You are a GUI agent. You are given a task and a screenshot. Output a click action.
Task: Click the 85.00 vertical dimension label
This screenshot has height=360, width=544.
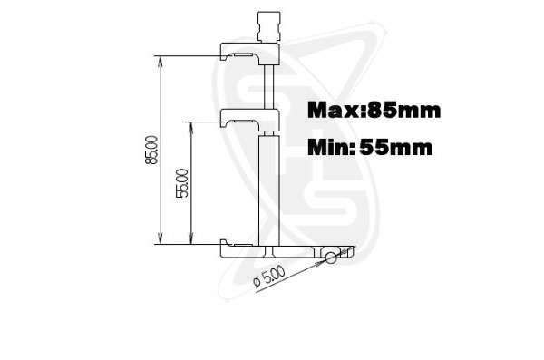pos(151,150)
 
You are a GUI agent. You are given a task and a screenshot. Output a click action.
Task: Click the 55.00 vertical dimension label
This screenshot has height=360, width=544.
pos(182,183)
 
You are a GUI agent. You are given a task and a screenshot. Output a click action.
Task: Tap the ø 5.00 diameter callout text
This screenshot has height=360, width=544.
pos(269,277)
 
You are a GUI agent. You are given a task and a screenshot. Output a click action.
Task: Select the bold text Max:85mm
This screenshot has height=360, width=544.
pos(374,111)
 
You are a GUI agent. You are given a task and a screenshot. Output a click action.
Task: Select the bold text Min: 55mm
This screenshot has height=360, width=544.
pos(370,147)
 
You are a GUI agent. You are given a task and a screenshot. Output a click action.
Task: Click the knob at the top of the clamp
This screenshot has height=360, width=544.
pos(269,26)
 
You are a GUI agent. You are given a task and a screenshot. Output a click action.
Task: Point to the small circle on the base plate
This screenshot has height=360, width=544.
pos(331,258)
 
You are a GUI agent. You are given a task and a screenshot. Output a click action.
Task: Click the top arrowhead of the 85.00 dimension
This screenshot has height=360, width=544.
pos(160,61)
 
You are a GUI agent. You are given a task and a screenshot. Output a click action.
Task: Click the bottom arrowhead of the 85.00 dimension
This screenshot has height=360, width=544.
pos(160,239)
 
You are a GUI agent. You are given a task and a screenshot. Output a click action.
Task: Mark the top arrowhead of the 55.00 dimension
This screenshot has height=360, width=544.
pos(190,127)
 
